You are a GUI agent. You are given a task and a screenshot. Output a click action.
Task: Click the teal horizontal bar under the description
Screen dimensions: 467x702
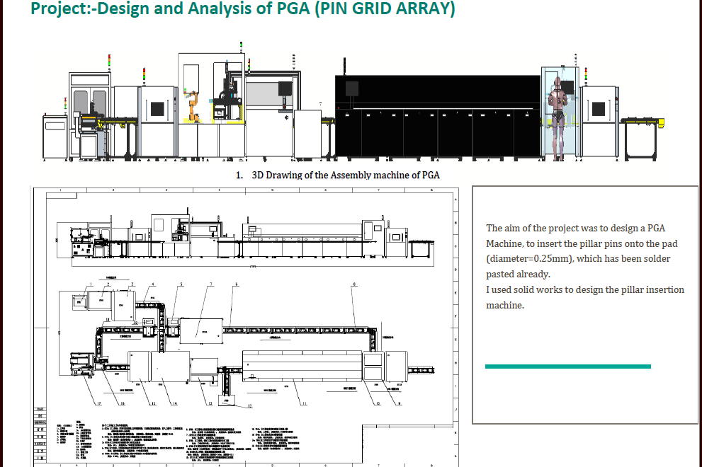567,366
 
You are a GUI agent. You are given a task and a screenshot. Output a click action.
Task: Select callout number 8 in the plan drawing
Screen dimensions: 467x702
354,284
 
